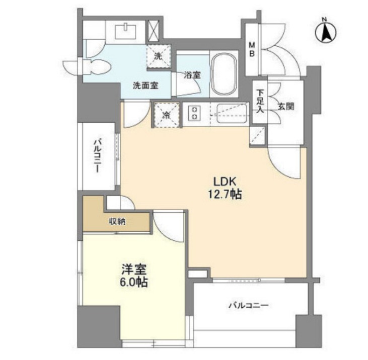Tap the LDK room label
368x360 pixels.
tap(225, 182)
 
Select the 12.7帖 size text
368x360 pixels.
tap(225, 194)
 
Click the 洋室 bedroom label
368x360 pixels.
tap(134, 269)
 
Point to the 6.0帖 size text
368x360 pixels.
tap(134, 282)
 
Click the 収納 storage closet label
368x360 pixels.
tap(117, 221)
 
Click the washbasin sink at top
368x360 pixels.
tap(125, 31)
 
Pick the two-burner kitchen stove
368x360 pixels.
tap(194, 113)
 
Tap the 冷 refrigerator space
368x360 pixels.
tap(166, 115)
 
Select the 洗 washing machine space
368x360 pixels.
tap(158, 56)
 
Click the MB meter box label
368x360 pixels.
tap(252, 49)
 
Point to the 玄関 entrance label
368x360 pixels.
tap(286, 107)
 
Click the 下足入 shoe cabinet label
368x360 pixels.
tap(260, 101)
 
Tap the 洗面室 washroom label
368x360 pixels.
tap(145, 85)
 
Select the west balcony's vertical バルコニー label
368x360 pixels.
tap(97, 156)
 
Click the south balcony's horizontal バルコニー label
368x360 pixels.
tap(249, 305)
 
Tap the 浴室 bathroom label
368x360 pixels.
tap(192, 75)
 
